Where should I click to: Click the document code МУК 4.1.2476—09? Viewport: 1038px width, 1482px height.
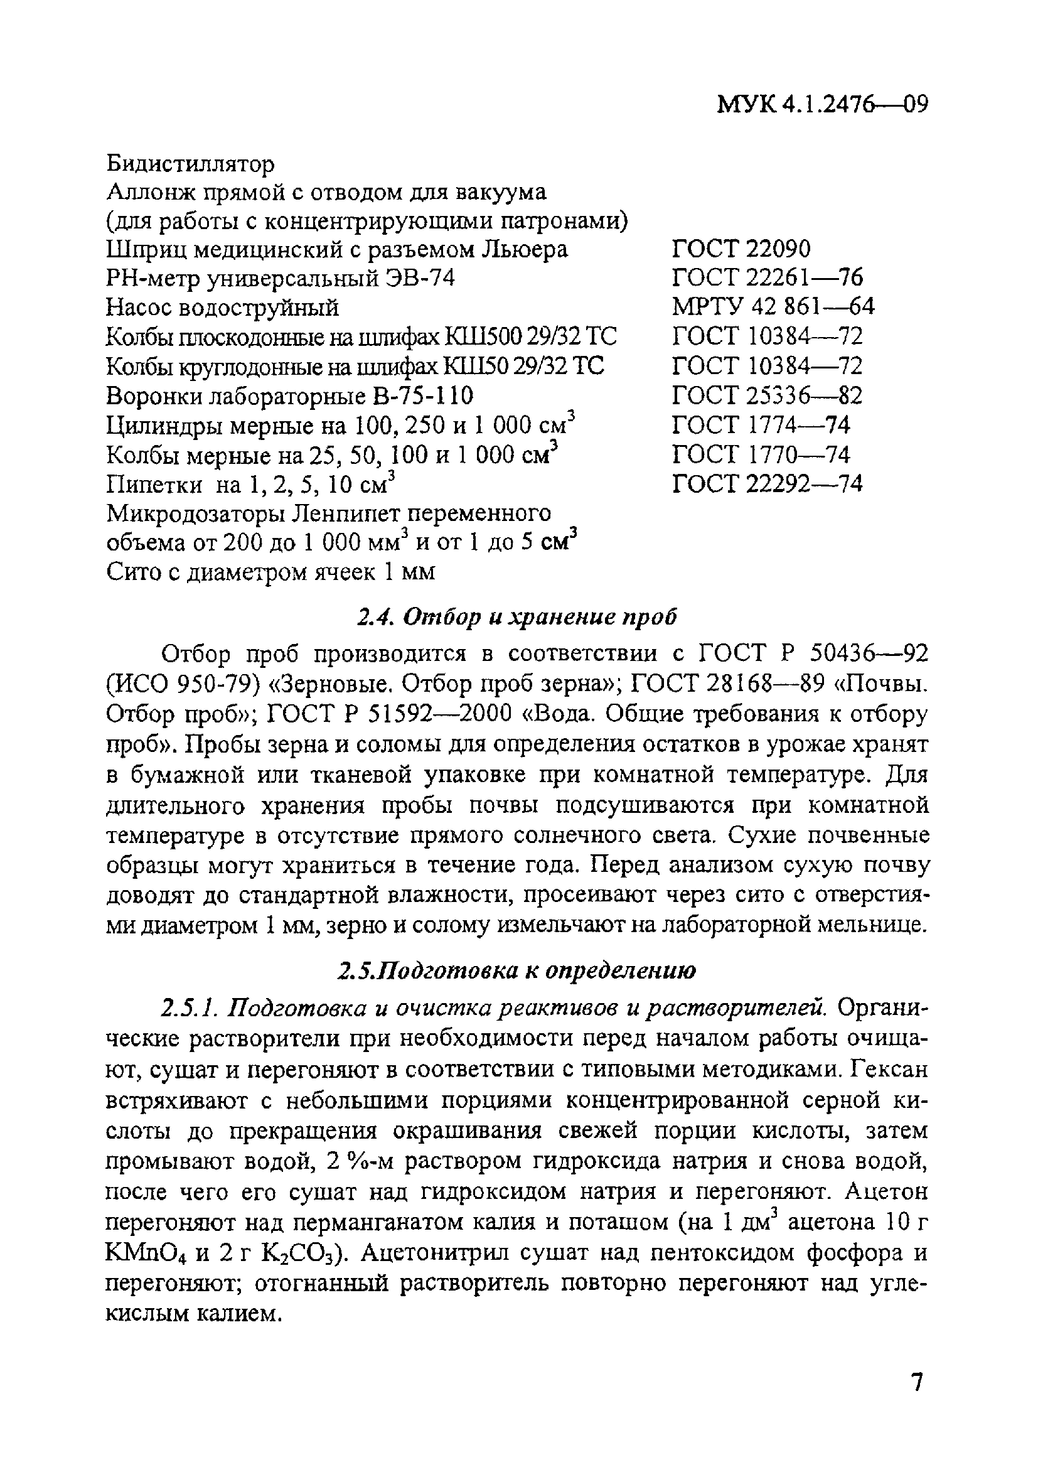(821, 104)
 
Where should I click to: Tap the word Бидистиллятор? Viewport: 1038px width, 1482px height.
(190, 164)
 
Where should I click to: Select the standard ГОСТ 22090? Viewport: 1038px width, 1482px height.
(741, 249)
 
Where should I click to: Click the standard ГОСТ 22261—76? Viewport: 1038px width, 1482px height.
(767, 277)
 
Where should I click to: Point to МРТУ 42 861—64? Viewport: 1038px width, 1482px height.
(773, 306)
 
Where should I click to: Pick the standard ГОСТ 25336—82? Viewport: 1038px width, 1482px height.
(767, 395)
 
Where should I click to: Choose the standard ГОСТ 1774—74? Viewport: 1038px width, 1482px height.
(761, 425)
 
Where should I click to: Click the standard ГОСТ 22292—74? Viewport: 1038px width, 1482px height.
(767, 483)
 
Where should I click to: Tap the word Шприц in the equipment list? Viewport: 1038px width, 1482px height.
(144, 250)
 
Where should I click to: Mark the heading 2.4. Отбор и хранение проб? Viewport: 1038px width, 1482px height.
(517, 618)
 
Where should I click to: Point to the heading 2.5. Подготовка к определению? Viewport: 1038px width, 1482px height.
(517, 971)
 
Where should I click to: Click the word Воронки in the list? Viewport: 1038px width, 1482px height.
(155, 395)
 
